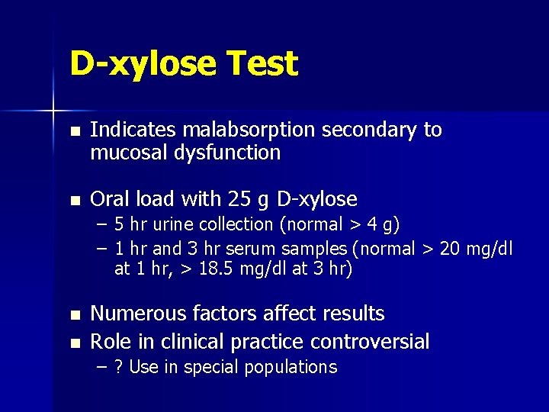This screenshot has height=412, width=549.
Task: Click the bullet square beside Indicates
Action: point(73,131)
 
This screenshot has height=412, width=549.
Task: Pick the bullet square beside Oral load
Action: point(73,201)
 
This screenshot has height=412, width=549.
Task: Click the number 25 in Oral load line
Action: point(237,200)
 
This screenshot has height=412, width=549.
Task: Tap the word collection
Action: point(233,224)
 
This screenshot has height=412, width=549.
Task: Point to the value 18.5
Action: point(207,269)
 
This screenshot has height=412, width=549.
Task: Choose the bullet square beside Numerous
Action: point(73,314)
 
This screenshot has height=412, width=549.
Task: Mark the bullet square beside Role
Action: point(73,342)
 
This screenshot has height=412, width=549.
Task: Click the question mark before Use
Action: point(118,367)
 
